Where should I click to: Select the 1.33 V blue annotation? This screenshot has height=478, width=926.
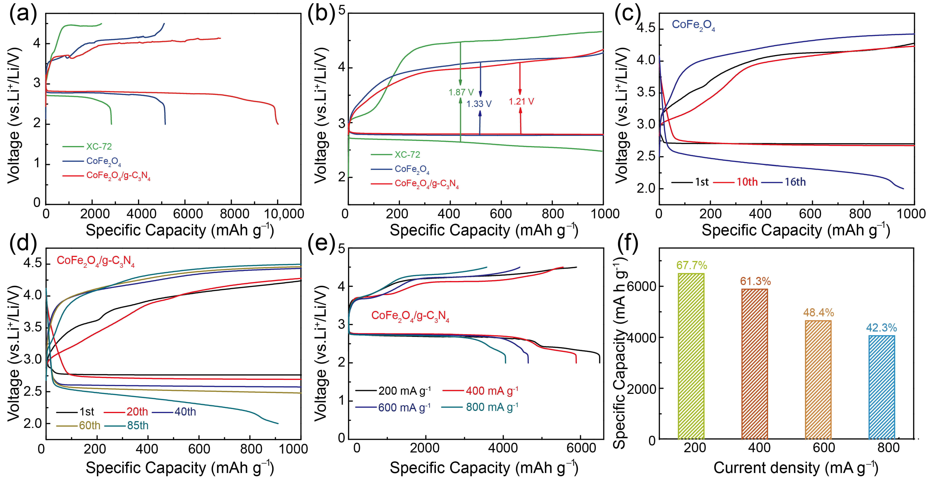click(479, 104)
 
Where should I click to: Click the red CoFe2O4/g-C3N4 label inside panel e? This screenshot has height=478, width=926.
click(410, 316)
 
